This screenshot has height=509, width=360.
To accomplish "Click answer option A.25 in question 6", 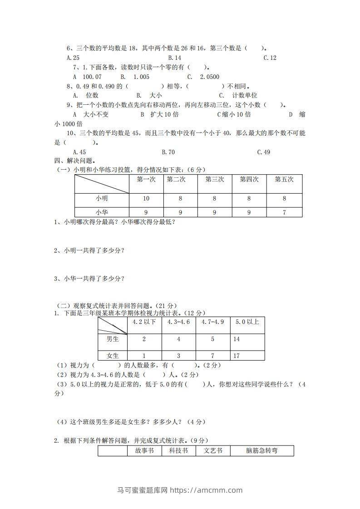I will pyautogui.click(x=73, y=58).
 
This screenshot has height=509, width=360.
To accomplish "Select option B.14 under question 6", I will pyautogui.click(x=174, y=58).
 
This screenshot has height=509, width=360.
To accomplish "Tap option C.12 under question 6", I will pyautogui.click(x=270, y=58).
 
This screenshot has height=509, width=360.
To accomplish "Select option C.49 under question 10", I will pyautogui.click(x=263, y=152).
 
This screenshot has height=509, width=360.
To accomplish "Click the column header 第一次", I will pyautogui.click(x=146, y=180).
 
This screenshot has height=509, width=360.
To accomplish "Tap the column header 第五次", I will pyautogui.click(x=284, y=180).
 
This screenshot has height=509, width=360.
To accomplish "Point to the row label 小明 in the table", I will pyautogui.click(x=102, y=199).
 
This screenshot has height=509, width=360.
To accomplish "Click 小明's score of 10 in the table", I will pyautogui.click(x=146, y=199).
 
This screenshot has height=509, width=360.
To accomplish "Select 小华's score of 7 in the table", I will pyautogui.click(x=284, y=212).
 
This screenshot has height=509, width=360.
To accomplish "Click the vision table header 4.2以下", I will pyautogui.click(x=144, y=322).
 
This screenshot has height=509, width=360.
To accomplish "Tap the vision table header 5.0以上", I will pyautogui.click(x=247, y=322).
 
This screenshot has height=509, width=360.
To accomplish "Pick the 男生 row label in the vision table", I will pyautogui.click(x=113, y=339).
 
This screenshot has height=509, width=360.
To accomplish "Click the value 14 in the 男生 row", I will pyautogui.click(x=237, y=339).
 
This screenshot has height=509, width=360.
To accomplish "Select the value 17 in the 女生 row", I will pyautogui.click(x=237, y=356).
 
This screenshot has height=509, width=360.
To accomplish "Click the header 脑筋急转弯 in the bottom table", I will pyautogui.click(x=261, y=451).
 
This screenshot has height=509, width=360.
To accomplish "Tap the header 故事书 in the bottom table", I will pyautogui.click(x=144, y=451).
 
